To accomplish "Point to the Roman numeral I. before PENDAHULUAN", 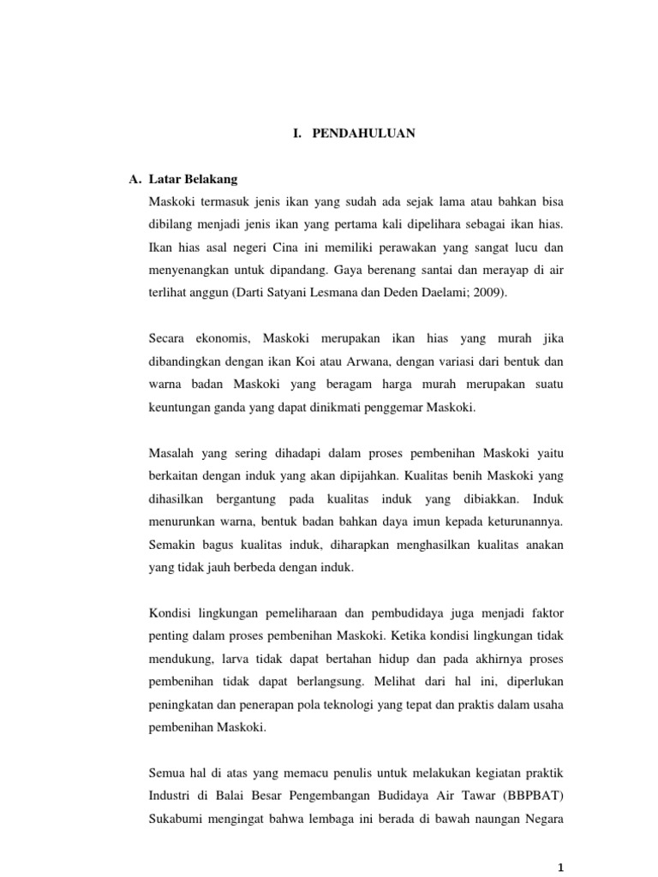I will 297,134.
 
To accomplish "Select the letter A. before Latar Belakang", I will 134,180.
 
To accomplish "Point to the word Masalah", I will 171,453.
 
